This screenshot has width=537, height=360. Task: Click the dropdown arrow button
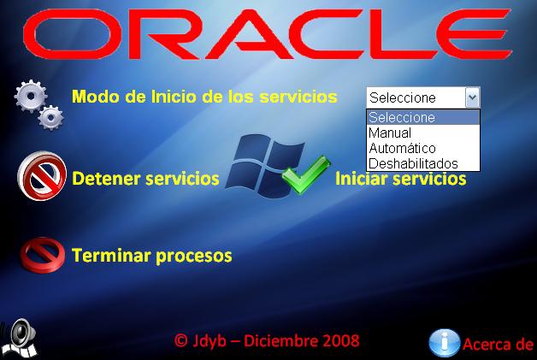click(x=472, y=97)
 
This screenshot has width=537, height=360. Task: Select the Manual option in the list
click(x=390, y=133)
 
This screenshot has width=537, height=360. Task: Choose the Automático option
click(x=402, y=148)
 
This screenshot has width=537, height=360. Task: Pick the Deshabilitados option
click(x=413, y=163)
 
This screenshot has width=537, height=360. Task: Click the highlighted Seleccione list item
click(x=423, y=117)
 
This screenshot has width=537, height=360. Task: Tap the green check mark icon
click(x=306, y=174)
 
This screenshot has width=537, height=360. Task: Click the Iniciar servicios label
click(x=401, y=179)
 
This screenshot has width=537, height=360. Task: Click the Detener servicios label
click(x=145, y=179)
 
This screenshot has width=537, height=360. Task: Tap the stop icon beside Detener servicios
click(x=42, y=176)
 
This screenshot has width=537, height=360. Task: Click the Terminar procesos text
click(x=151, y=256)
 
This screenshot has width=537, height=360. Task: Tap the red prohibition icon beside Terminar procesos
click(x=43, y=255)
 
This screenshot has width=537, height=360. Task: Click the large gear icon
click(x=31, y=97)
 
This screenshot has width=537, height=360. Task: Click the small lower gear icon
click(x=50, y=118)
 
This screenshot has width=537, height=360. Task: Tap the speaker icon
click(x=21, y=339)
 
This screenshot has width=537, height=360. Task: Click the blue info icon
click(x=444, y=343)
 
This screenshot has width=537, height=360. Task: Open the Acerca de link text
click(x=499, y=345)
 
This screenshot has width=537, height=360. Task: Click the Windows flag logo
click(x=264, y=166)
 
